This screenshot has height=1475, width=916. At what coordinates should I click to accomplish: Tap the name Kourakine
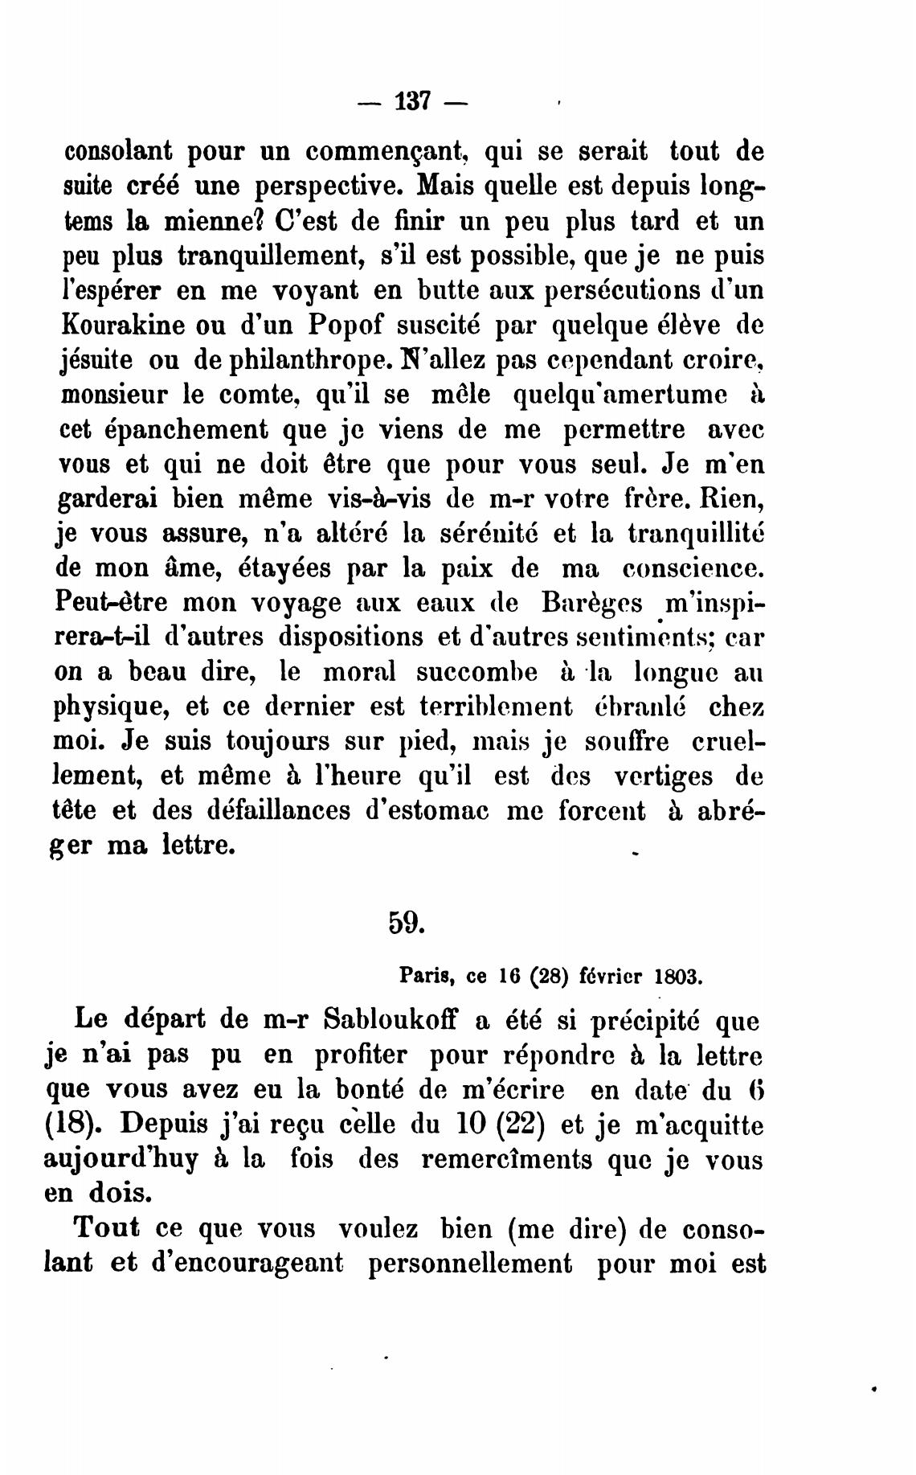point(123,326)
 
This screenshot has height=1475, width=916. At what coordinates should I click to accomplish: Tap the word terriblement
point(496,707)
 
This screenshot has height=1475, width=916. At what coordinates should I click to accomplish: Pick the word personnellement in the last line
point(470,1264)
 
